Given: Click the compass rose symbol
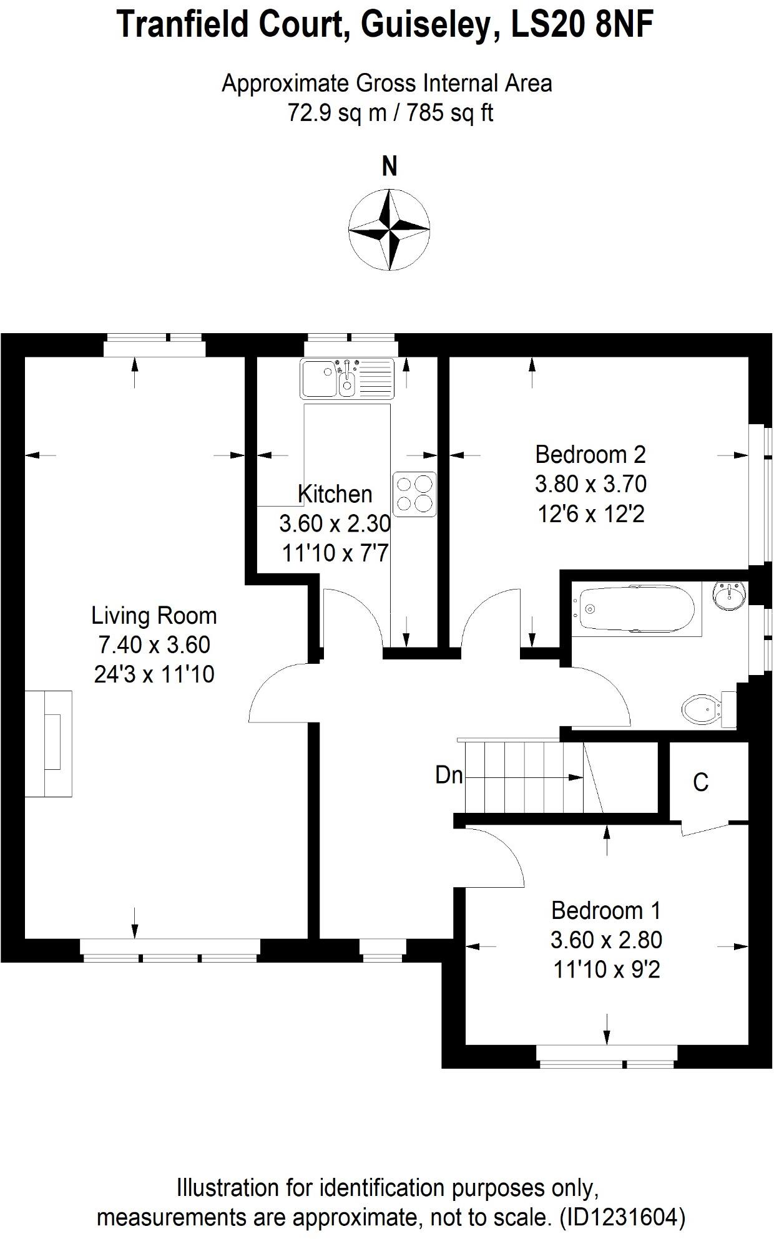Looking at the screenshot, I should click(x=389, y=230).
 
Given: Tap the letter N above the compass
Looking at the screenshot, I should click(x=389, y=167).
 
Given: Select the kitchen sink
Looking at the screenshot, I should click(x=347, y=378).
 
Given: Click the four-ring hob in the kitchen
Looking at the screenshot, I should click(x=414, y=494).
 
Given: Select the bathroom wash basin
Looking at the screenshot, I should click(x=730, y=595).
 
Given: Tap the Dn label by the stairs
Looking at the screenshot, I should click(x=449, y=775).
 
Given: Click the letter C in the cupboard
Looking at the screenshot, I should click(x=700, y=782).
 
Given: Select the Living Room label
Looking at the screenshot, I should click(x=154, y=616).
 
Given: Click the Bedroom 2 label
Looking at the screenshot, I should click(x=590, y=454).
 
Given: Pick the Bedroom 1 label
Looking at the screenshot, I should click(x=605, y=911).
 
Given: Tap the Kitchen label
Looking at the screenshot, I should click(x=335, y=494).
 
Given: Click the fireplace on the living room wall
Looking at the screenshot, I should click(x=49, y=743).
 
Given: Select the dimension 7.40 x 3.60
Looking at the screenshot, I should click(x=154, y=644).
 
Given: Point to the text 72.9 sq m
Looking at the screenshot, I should click(x=340, y=113).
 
